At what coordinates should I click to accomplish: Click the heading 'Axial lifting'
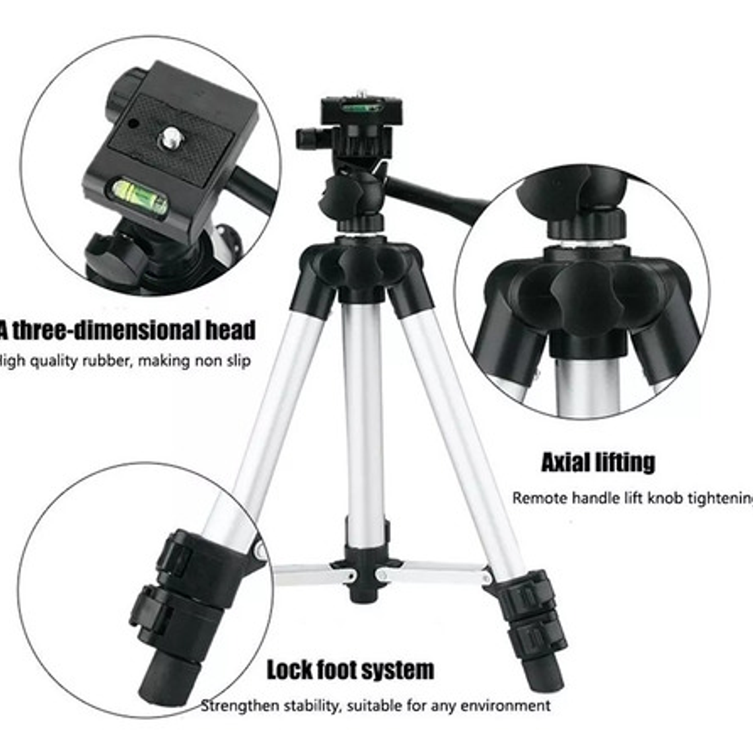pos(598,462)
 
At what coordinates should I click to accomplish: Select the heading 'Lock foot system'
pos(350,670)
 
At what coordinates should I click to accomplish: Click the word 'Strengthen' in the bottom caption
pos(240,706)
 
